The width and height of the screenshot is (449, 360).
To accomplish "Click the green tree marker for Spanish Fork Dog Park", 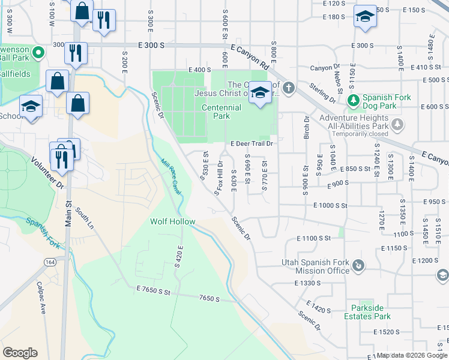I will coord(354,99).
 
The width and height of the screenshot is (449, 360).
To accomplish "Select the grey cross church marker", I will coord(289,89).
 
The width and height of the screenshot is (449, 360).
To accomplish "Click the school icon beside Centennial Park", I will coord(259,93).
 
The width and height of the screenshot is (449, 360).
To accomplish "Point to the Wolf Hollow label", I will coord(172,221).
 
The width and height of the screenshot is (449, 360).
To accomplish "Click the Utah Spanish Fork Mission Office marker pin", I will coord(358,265).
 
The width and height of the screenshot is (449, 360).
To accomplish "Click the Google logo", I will coord(20,352).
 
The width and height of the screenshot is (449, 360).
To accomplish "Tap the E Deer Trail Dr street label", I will coord(252,144).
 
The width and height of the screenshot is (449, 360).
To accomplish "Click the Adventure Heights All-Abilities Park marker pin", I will coord(397,124).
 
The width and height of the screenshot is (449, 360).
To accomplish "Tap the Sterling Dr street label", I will coord(323,92).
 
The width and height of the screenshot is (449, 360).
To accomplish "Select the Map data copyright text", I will coord(412,355).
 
